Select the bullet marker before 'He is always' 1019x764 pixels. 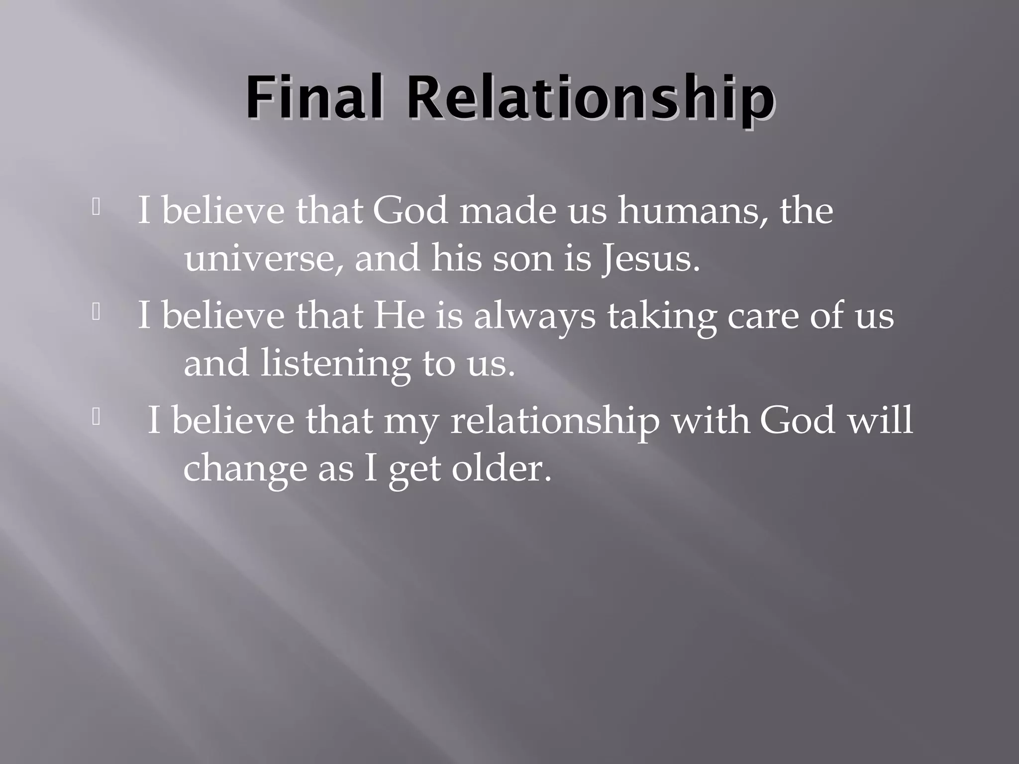[97, 312]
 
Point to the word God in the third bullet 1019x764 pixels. [797, 420]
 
